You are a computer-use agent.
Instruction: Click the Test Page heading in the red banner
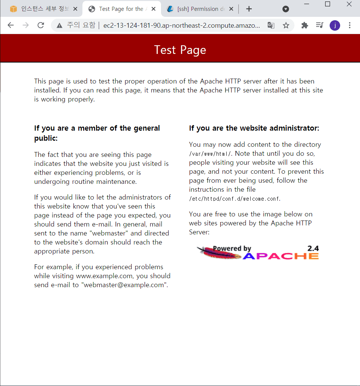[x=180, y=50]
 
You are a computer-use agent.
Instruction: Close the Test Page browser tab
[x=153, y=9]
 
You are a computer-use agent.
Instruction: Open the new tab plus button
[x=249, y=9]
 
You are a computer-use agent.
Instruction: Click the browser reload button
[x=41, y=25]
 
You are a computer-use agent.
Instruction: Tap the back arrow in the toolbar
[x=10, y=25]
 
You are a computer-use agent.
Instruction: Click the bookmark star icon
[x=286, y=25]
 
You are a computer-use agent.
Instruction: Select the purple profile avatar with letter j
[x=335, y=25]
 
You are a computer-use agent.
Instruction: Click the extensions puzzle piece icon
[x=305, y=25]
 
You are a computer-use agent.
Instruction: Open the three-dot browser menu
[x=350, y=25]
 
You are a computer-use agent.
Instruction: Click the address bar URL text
[x=182, y=25]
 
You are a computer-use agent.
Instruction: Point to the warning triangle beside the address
[x=59, y=25]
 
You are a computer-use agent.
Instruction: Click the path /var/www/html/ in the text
[x=211, y=154]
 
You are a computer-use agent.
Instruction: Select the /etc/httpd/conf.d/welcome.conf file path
[x=235, y=199]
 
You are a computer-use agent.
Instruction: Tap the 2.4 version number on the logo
[x=313, y=248]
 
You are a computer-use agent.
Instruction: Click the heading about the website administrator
[x=254, y=128]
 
